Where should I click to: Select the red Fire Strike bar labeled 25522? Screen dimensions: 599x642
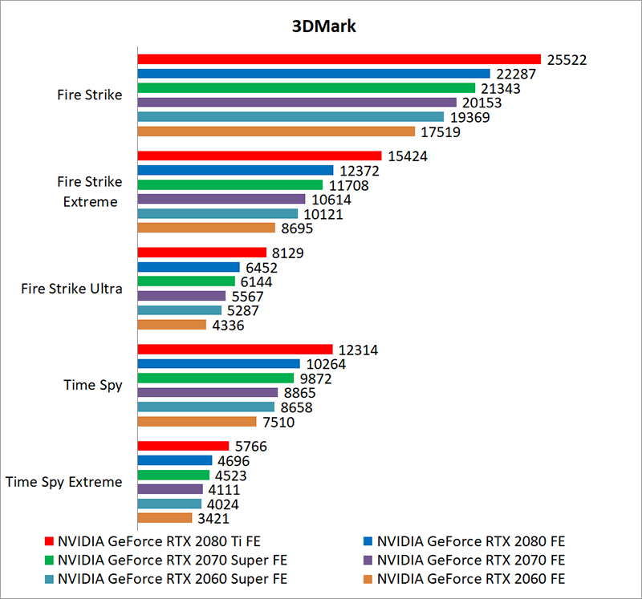pyautogui.click(x=339, y=59)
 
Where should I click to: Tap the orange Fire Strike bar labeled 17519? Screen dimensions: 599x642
pyautogui.click(x=276, y=132)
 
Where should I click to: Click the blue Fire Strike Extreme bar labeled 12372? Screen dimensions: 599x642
pyautogui.click(x=235, y=170)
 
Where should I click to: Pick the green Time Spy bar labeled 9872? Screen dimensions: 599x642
pyautogui.click(x=216, y=378)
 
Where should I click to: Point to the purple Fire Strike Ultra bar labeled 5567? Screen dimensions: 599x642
pyautogui.click(x=181, y=296)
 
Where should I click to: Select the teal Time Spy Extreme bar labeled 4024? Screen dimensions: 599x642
pyautogui.click(x=169, y=504)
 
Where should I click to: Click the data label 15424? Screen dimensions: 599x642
pyautogui.click(x=407, y=156)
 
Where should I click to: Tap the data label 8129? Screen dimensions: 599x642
pyautogui.click(x=288, y=253)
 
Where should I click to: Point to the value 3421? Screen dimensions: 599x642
pyautogui.click(x=213, y=519)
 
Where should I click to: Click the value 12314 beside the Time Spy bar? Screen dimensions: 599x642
pyautogui.click(x=357, y=350)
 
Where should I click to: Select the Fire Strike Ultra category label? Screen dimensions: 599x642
pyautogui.click(x=71, y=289)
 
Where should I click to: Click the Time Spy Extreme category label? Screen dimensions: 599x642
pyautogui.click(x=63, y=482)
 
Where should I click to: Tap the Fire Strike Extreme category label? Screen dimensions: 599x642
pyautogui.click(x=89, y=192)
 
